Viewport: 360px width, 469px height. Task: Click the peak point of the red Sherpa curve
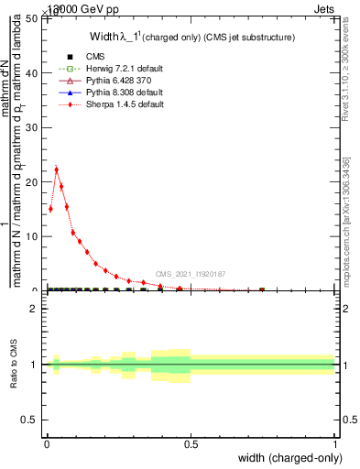(x=56, y=169)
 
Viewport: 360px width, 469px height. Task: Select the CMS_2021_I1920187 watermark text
(x=191, y=274)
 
